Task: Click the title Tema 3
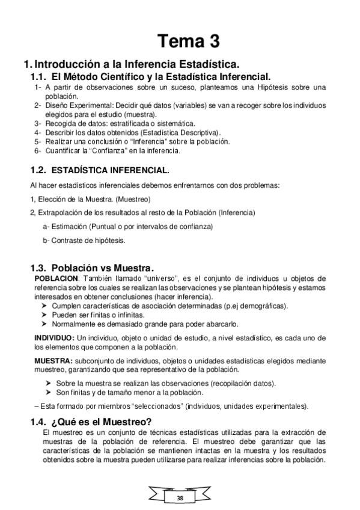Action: coord(189,41)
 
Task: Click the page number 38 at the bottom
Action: coord(180,499)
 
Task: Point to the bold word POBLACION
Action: coord(56,278)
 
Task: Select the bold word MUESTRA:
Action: coord(53,360)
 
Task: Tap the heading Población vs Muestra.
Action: coord(103,268)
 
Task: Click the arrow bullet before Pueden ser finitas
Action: coord(44,315)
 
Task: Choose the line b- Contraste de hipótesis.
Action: coord(84,240)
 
